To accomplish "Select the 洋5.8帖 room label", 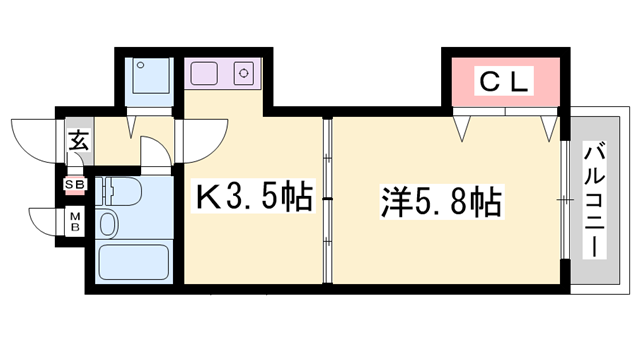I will [439, 200].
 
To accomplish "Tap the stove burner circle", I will [243, 72].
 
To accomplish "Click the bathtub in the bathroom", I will [136, 262].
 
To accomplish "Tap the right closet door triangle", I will [549, 128].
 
